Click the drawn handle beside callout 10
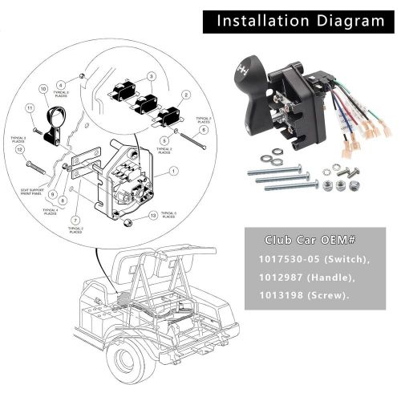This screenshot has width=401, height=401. (53, 120)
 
